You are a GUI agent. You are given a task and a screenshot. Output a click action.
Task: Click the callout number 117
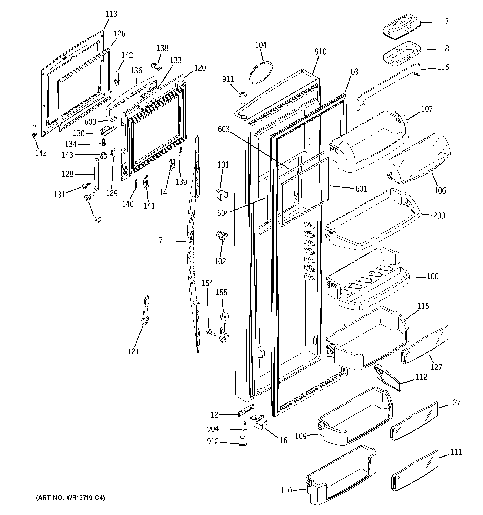point(443,21)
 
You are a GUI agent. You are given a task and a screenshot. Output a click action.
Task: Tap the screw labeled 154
point(211,332)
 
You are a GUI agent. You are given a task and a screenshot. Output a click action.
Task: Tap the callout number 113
point(111,14)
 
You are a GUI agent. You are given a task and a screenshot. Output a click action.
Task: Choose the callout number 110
point(286,491)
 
